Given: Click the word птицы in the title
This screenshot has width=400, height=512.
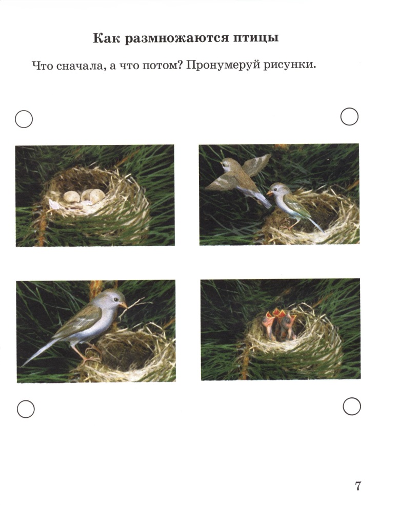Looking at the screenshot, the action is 255,38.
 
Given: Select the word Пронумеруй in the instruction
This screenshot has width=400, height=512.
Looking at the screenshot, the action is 223,66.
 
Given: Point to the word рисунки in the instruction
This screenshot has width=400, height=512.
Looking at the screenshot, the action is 290,66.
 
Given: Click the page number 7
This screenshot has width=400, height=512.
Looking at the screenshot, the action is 358,486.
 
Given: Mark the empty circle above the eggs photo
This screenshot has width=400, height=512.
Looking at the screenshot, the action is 24,119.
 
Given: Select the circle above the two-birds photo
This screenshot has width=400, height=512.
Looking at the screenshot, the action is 350,117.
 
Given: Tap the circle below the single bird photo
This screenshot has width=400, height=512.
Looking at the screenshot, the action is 26,409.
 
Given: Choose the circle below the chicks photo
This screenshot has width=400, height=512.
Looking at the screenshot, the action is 352,406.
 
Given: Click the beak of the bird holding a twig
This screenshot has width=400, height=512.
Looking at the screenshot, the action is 123,305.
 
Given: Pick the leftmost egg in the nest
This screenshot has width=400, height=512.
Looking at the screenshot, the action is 71,197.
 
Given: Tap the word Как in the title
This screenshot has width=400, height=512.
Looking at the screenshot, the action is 107,38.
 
